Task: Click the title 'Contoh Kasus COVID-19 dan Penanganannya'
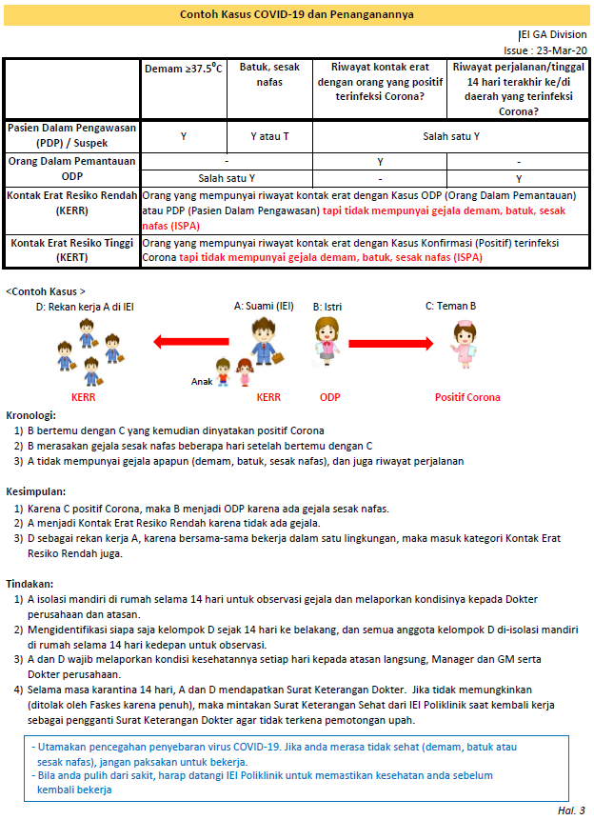(x=296, y=15)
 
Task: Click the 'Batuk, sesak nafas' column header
(x=269, y=75)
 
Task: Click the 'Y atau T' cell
(x=269, y=136)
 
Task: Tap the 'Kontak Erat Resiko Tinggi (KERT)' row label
(x=71, y=250)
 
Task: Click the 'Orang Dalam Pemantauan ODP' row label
(x=71, y=170)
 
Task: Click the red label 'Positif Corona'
(x=467, y=397)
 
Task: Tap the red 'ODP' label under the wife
(x=329, y=397)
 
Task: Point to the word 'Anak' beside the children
(x=202, y=382)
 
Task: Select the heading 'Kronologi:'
(x=31, y=415)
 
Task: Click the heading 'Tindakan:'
(x=30, y=584)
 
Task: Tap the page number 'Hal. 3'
(x=571, y=810)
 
